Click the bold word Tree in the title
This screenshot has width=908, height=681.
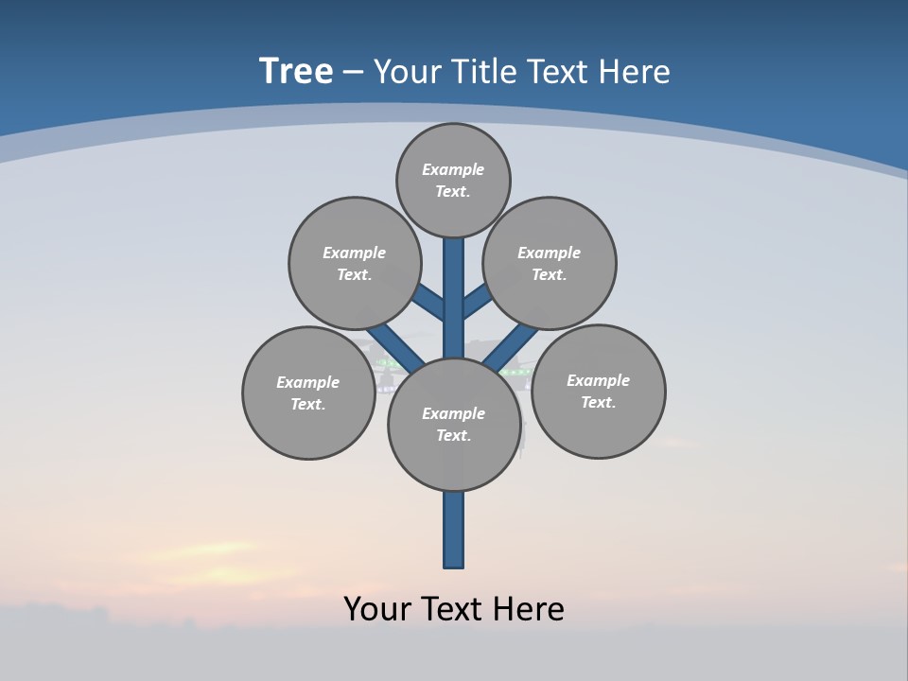296,72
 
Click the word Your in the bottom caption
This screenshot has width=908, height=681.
377,609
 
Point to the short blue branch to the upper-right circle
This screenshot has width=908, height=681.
477,301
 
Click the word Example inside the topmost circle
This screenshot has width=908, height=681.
453,169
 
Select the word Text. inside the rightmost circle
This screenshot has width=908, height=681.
598,402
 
